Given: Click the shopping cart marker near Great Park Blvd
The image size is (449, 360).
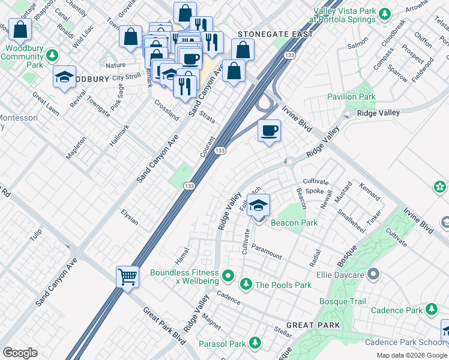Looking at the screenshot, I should (x=127, y=277).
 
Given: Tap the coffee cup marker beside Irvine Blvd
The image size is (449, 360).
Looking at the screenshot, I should (x=269, y=130).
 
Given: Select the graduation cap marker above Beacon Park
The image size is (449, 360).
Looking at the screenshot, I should (x=258, y=206).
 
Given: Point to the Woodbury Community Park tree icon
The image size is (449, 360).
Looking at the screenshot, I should (x=53, y=56).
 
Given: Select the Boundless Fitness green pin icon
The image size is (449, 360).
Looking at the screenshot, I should (x=228, y=276).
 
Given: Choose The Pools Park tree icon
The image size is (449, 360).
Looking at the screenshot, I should (x=246, y=284).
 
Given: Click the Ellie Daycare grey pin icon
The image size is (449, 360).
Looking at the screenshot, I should (x=373, y=275).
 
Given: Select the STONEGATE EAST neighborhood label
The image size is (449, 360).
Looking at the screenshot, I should (x=276, y=34).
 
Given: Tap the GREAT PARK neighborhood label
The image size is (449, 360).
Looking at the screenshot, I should (x=313, y=325).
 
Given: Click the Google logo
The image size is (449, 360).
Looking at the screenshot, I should (x=20, y=353).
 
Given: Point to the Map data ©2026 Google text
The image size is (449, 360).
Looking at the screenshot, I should (x=412, y=355).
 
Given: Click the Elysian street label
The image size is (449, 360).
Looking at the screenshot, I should (x=130, y=217).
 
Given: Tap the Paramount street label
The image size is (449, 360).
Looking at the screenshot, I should (x=267, y=251).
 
